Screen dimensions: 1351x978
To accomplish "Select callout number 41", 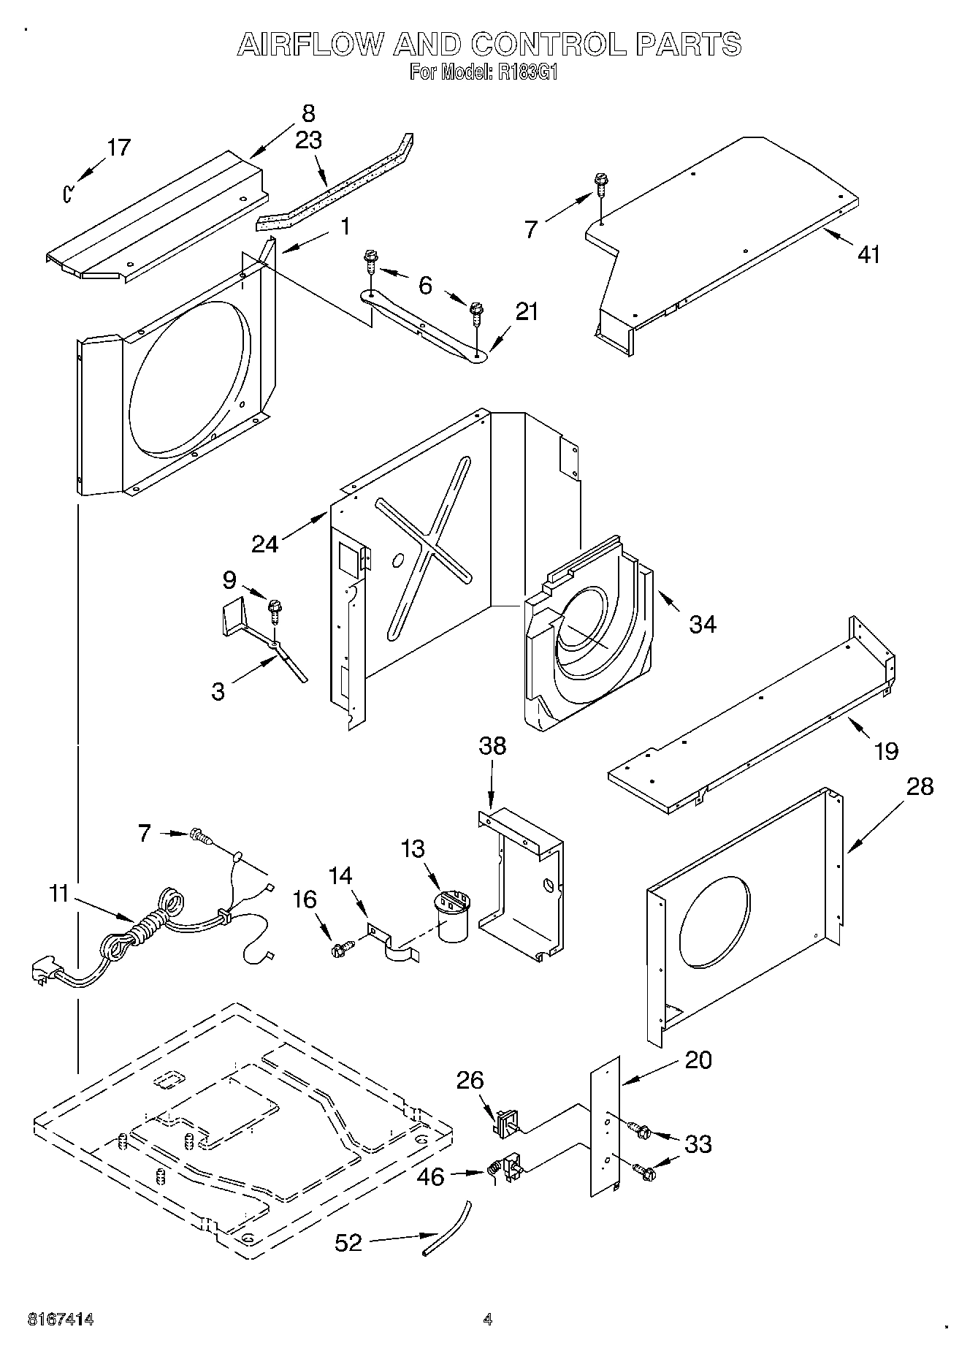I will click(868, 254).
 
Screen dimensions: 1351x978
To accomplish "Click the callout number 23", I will click(308, 140).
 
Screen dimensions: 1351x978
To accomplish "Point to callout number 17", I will click(118, 148).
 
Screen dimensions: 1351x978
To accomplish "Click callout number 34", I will click(703, 624).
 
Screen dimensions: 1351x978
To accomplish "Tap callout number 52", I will click(348, 1242).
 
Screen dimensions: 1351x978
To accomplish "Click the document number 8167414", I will click(61, 1320).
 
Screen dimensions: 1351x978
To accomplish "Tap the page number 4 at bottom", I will click(488, 1320).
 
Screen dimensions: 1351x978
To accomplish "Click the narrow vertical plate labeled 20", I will click(605, 1125).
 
